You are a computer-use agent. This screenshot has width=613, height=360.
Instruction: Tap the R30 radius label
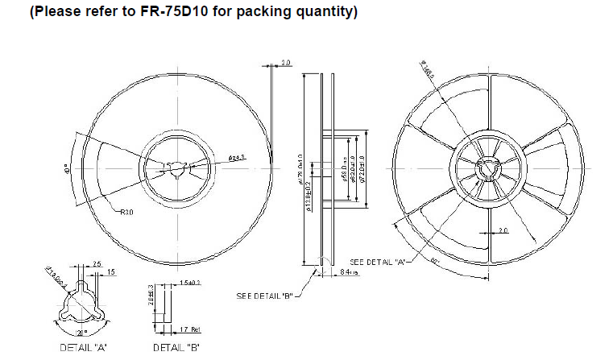click(x=126, y=213)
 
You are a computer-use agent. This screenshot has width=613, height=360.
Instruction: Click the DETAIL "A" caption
click(x=84, y=347)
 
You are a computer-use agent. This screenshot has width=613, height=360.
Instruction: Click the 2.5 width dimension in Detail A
click(x=96, y=263)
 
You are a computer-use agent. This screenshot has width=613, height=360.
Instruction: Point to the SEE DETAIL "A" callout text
click(x=377, y=263)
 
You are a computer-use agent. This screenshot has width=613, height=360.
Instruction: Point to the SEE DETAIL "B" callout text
click(x=263, y=296)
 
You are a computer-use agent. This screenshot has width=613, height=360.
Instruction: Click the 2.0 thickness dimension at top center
click(x=285, y=62)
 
